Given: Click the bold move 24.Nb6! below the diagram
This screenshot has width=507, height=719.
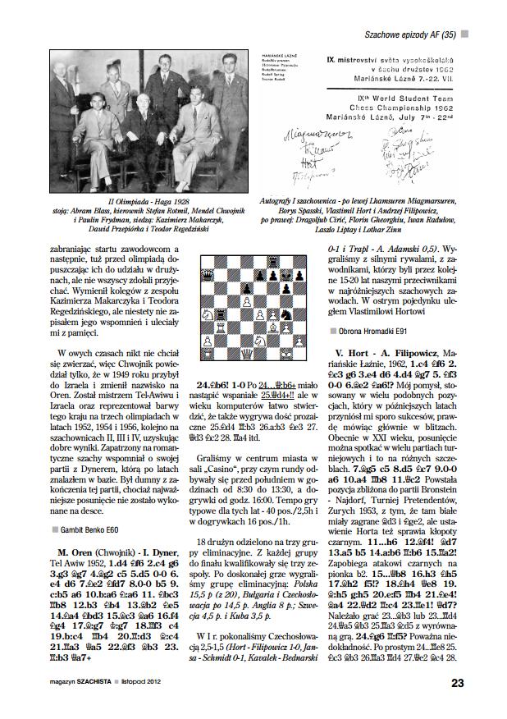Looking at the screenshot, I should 212,383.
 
